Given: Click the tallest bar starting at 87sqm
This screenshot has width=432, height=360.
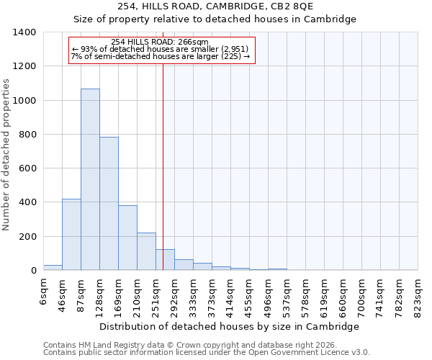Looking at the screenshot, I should (x=90, y=180).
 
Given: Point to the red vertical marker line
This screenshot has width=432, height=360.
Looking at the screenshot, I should (x=163, y=166).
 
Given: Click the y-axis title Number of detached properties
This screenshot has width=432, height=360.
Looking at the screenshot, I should (x=7, y=151).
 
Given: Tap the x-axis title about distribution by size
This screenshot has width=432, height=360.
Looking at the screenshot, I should (x=229, y=326).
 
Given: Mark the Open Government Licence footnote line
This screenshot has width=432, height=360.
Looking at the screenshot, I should (x=207, y=353).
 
